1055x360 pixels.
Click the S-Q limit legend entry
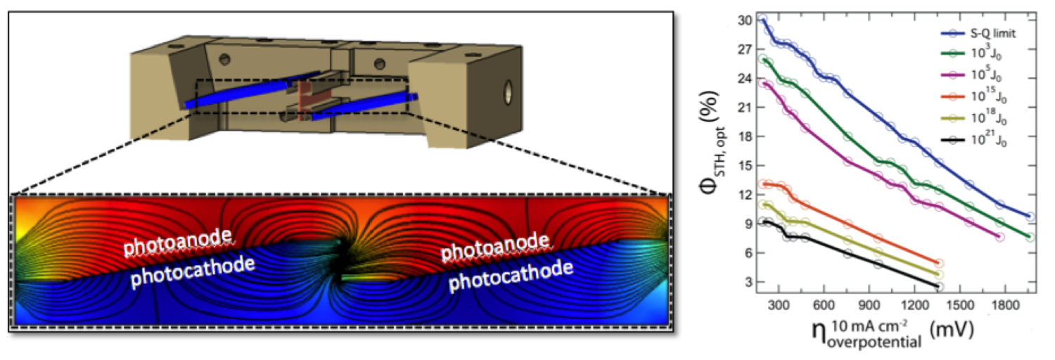coord(978,34)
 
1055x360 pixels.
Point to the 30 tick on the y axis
coord(746,20)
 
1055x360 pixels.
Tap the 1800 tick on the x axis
coord(1005,305)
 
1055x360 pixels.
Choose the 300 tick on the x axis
coord(779,305)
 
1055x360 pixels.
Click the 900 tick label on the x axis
coord(869,305)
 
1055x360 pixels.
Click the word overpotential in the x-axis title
coord(874,341)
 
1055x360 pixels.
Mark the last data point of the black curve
coord(939,287)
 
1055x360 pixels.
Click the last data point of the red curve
coord(939,264)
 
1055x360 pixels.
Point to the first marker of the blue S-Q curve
coord(763,19)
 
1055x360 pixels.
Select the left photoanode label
coord(178,241)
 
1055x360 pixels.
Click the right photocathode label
coord(511,276)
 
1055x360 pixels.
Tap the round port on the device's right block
coord(509,92)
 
